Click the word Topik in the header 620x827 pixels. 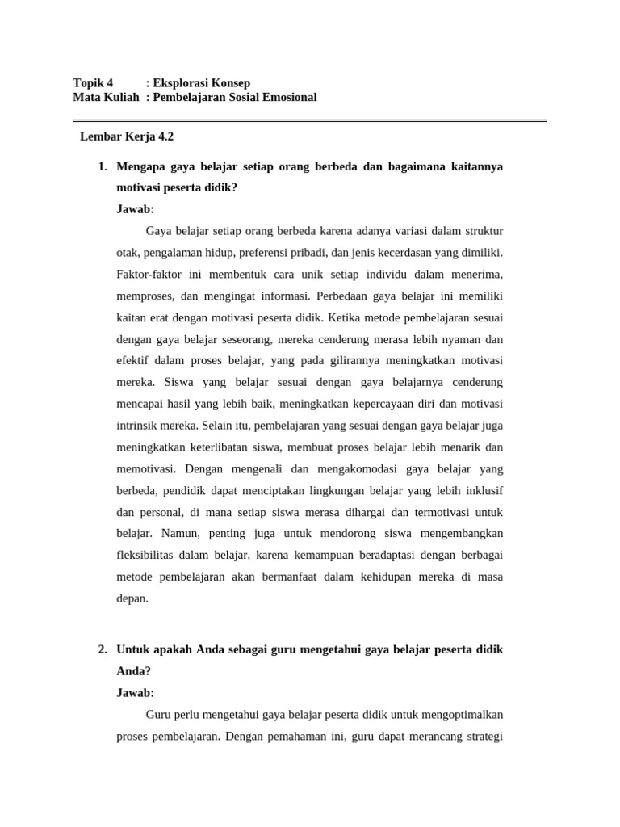(87, 83)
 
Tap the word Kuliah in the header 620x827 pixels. (120, 98)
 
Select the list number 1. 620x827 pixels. (102, 166)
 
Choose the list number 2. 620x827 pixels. (102, 649)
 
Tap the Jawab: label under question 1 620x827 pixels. (135, 209)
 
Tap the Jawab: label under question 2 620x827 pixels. (135, 693)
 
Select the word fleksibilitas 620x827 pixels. (149, 555)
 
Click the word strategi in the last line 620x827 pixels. (484, 737)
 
